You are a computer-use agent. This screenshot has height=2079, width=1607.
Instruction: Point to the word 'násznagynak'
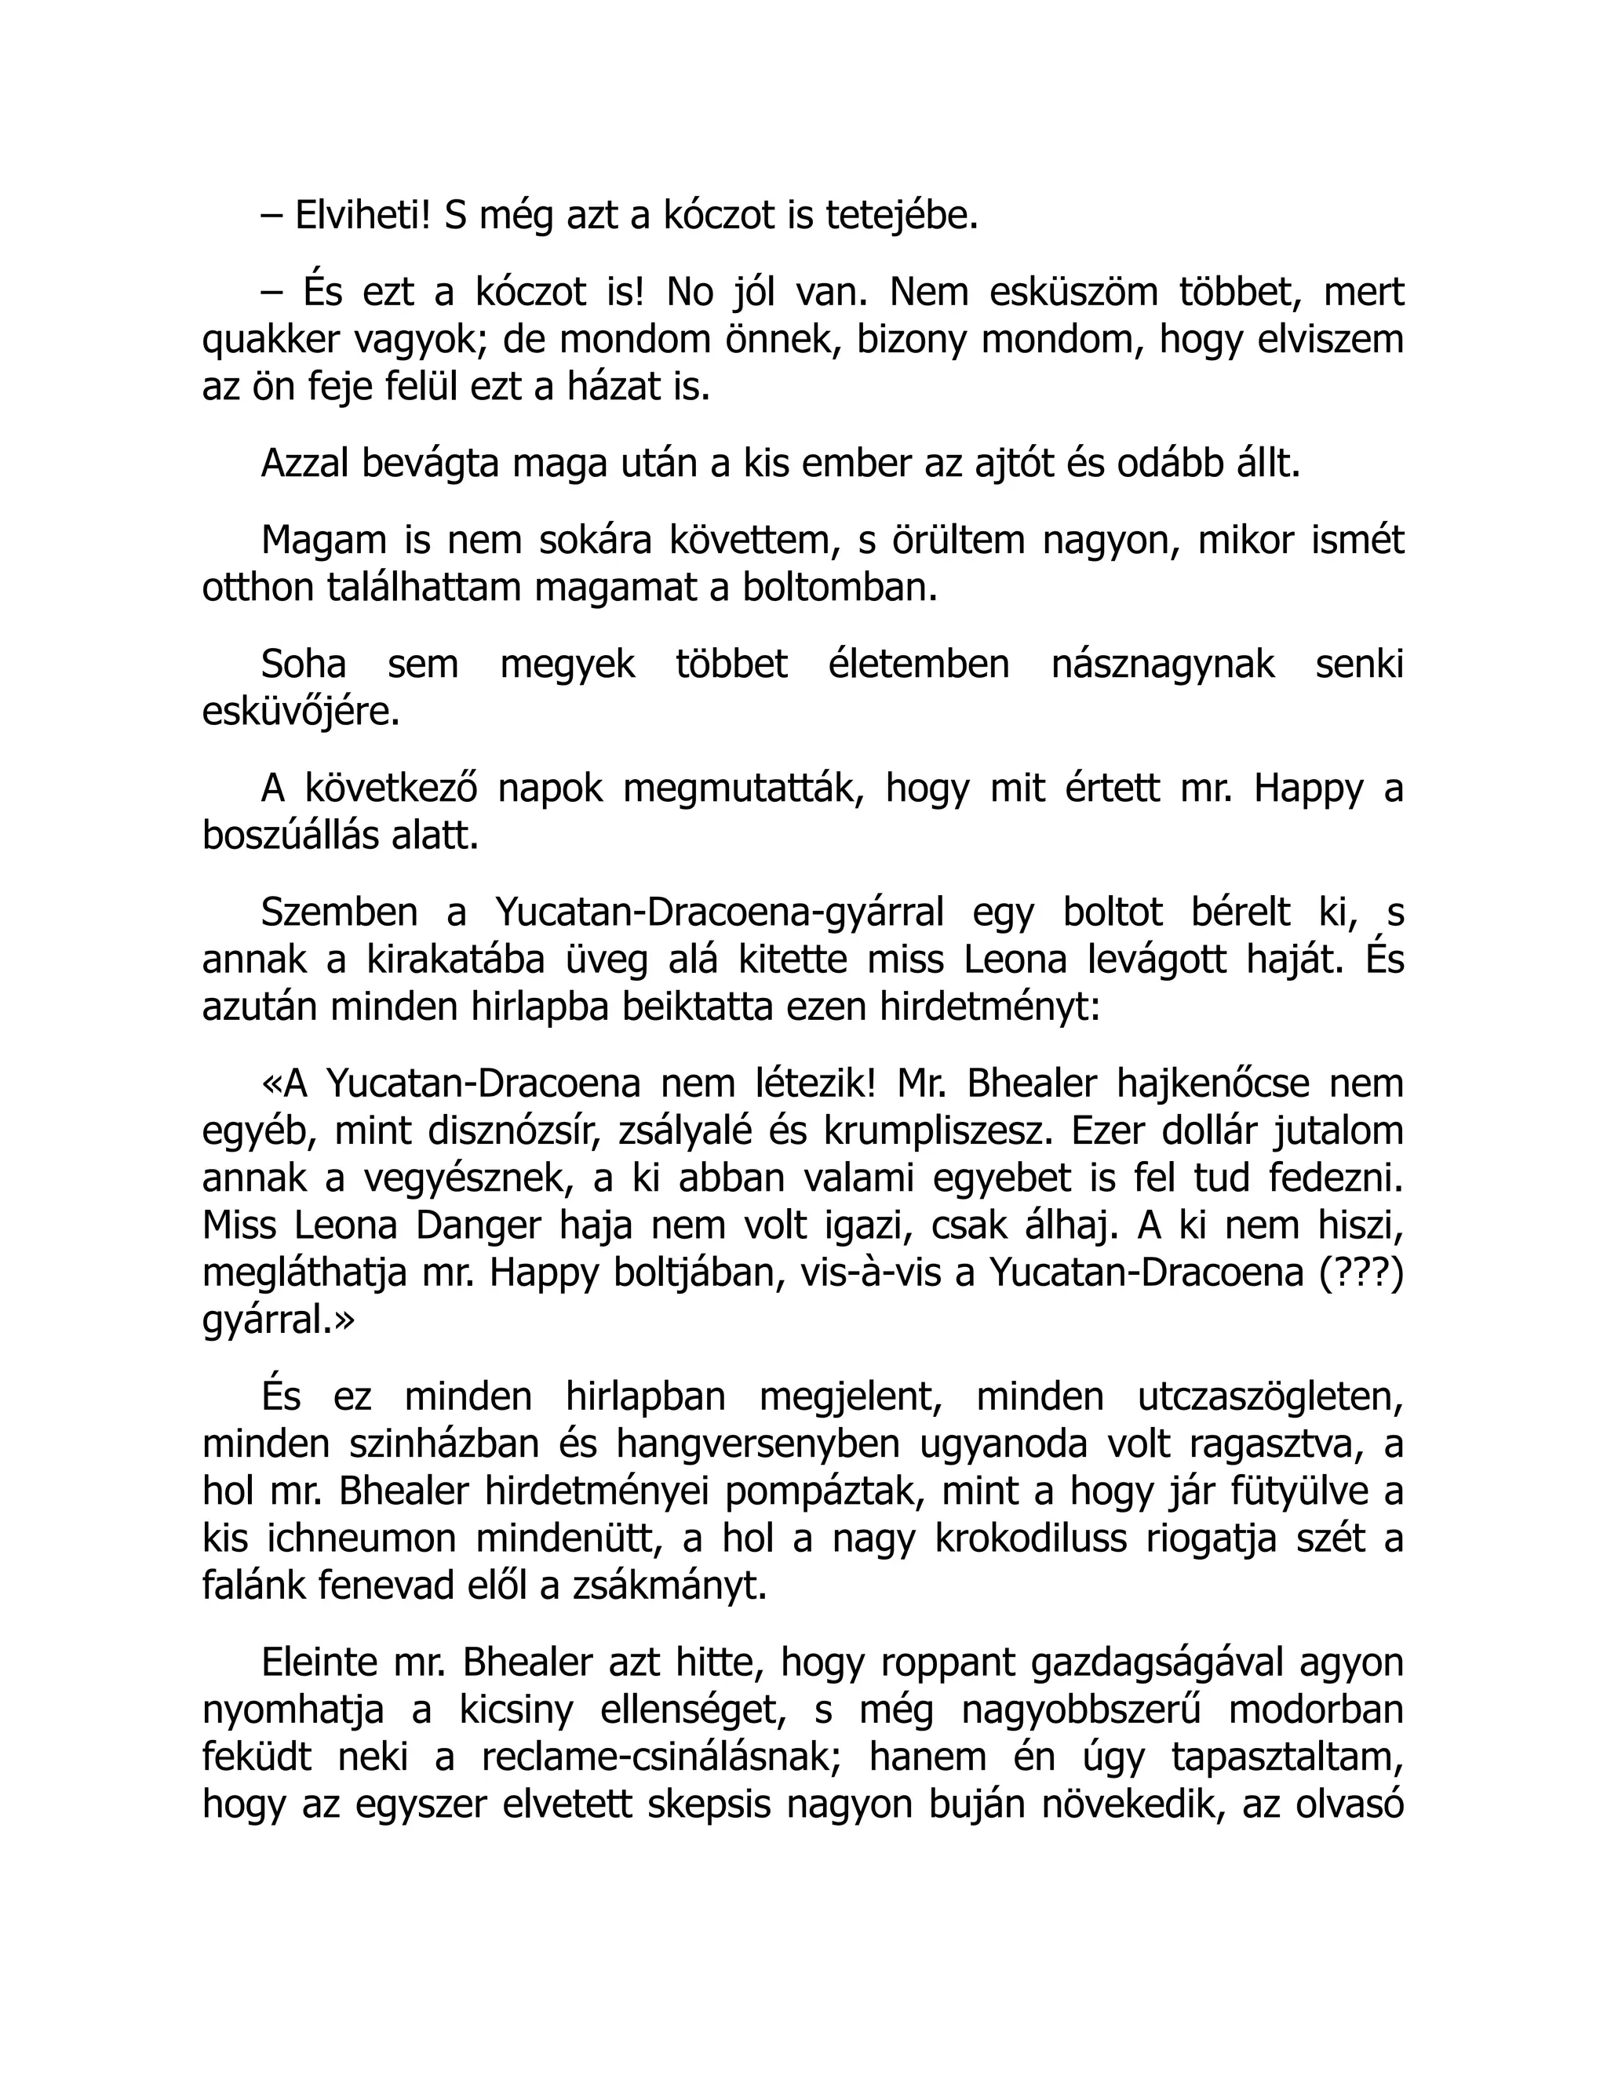click(1162, 664)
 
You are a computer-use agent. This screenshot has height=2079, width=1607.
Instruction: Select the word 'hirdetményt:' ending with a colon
click(989, 1007)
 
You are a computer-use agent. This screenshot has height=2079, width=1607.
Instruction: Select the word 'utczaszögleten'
click(1270, 1396)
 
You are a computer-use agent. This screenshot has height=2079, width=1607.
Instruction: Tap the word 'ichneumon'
click(363, 1539)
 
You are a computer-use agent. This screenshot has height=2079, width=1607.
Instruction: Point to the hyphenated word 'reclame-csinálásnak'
click(661, 1758)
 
